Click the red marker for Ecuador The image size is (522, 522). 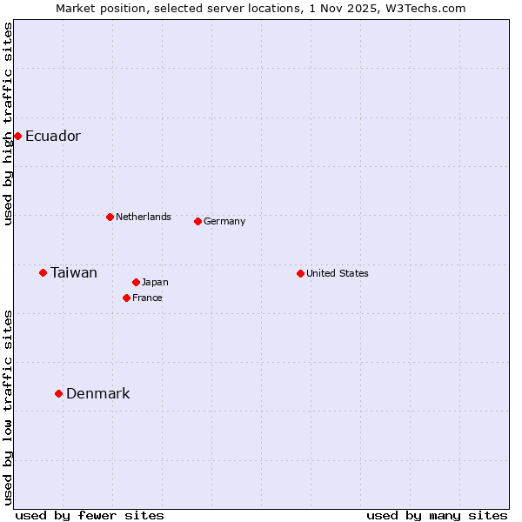pos(17,136)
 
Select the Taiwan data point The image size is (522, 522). pos(43,272)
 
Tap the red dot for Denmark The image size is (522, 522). pos(58,393)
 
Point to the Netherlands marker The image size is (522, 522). pos(110,217)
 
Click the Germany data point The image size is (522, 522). pos(197,221)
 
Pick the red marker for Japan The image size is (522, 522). pos(136,282)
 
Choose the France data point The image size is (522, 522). pos(126,298)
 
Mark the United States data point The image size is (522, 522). pos(300,273)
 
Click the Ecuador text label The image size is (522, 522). pos(53,137)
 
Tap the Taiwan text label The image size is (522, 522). pos(74,273)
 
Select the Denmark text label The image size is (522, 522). pos(98,394)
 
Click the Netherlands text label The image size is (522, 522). pos(144,217)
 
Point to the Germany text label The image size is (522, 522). pos(224,221)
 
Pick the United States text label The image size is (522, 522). pos(338,273)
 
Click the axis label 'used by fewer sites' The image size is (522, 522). pos(90,515)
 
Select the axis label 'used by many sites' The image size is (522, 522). pos(437,515)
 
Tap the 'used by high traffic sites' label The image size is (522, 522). pos(8,124)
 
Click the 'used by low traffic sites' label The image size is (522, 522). pos(8,407)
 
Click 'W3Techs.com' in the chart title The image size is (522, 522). pos(429,8)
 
